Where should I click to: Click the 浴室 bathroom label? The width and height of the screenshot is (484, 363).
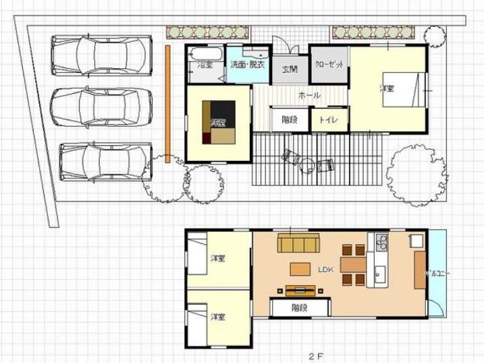(x=205, y=65)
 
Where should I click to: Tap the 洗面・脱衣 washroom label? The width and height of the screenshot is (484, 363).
(x=248, y=65)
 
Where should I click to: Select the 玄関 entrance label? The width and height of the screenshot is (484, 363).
(x=290, y=68)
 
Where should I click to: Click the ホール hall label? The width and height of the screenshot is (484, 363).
(x=309, y=95)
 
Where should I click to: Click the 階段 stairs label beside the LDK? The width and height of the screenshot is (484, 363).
(x=300, y=308)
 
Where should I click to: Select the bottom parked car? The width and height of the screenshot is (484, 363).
(x=105, y=161)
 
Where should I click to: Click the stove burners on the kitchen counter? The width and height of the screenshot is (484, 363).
(x=381, y=241)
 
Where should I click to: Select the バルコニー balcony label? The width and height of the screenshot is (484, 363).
(x=437, y=274)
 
